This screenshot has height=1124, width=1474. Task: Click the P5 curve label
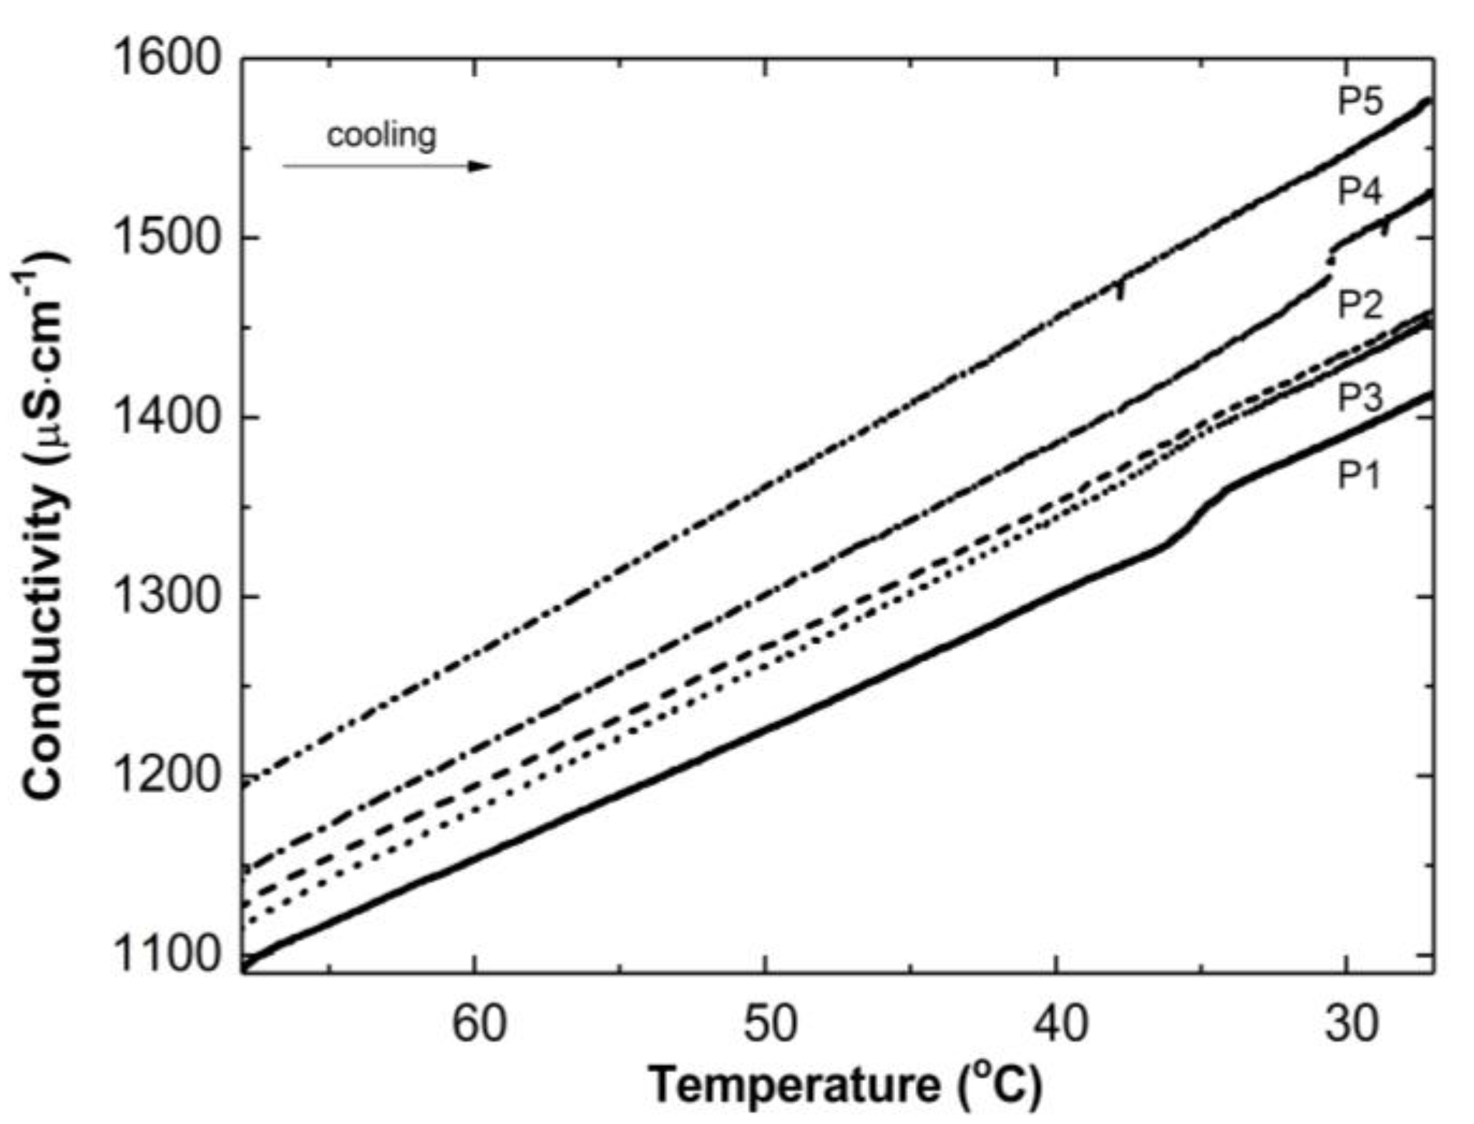coord(1360,102)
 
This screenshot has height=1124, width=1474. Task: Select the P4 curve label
coord(1360,191)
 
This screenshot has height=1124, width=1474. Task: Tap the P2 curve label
coord(1360,305)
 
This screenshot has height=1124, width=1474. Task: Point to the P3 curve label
coord(1360,398)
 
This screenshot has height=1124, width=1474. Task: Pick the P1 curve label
coord(1359,475)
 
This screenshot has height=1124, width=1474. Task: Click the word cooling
coord(381,135)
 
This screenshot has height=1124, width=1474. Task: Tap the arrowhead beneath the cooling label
coord(479,166)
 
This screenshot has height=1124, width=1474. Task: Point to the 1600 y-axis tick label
coord(165,59)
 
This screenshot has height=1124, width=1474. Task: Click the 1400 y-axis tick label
coord(165,417)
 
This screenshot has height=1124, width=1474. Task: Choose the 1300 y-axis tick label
coord(165,596)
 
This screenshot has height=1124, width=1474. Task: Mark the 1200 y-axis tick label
coord(165,776)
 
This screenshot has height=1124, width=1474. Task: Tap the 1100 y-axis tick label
coord(165,954)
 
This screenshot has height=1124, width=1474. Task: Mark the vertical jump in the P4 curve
coord(1331,262)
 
